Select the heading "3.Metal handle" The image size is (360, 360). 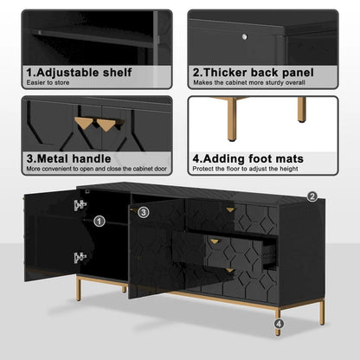pos(68,158)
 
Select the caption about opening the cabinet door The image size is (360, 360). pos(97,170)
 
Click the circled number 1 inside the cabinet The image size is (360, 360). pos(99,222)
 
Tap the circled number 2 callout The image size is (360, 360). pos(312,198)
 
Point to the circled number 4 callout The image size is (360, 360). pos(278,325)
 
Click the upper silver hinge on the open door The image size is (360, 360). pos(80,205)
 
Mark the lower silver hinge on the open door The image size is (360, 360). pos(80,257)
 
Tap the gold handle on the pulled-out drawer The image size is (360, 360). pos(214,241)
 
